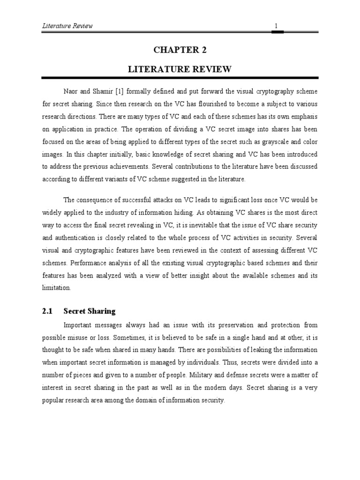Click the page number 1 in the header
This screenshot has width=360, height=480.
click(x=276, y=26)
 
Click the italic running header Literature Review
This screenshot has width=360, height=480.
click(x=67, y=26)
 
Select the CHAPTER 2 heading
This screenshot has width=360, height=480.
click(x=180, y=51)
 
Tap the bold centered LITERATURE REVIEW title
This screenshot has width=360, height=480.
click(x=180, y=69)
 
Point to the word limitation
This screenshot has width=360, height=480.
click(x=56, y=288)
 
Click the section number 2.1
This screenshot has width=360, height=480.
click(x=47, y=311)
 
